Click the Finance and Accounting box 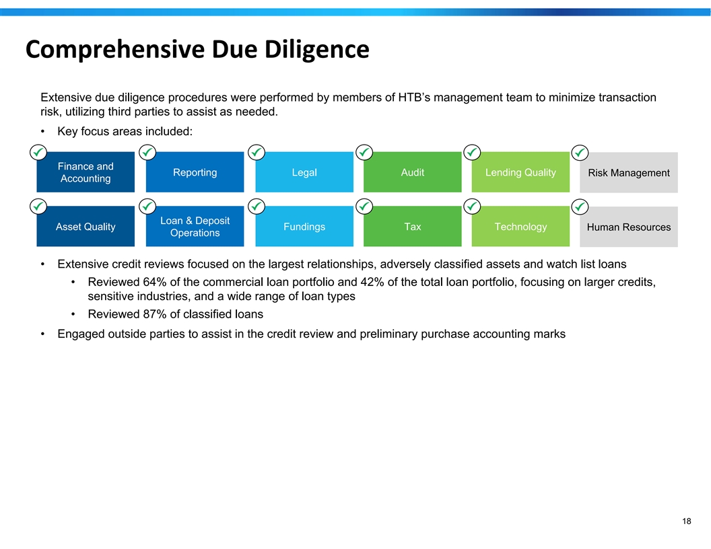(86, 172)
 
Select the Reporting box (195, 172)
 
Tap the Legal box (304, 172)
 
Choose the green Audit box (413, 172)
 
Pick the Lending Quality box (520, 172)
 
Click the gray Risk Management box (629, 173)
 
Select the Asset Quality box (86, 227)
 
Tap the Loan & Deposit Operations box (195, 227)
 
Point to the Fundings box (304, 227)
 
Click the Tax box (413, 227)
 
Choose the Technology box (520, 227)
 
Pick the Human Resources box (629, 227)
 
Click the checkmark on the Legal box (257, 152)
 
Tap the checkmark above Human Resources (580, 207)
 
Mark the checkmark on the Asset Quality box (38, 207)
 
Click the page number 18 (687, 521)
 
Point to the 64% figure (155, 282)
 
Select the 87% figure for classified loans (155, 314)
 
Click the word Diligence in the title (317, 49)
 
